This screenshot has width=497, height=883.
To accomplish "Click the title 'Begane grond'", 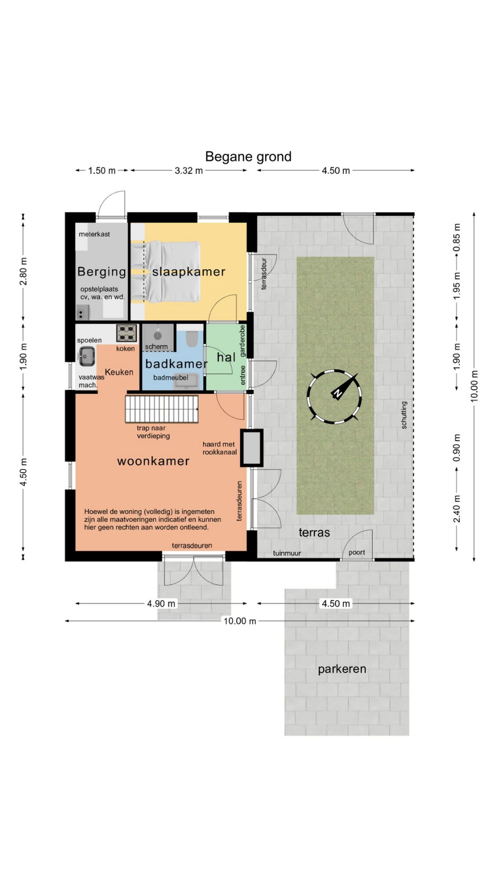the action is pos(248,156).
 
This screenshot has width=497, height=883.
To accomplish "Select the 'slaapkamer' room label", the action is pos(188,272).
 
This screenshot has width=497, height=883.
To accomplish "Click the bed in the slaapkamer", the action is pos(166,272).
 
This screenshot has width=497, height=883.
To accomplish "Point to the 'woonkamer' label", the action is pos(153,461).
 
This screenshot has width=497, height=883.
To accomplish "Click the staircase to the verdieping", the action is pos(162,409).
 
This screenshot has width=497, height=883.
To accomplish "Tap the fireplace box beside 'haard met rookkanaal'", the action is pos(252,448).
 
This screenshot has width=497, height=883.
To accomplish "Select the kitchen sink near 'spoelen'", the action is pos(86,356).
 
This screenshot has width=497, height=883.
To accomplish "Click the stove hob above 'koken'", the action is pos(127,332).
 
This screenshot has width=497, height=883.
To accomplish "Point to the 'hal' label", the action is pos(226,357).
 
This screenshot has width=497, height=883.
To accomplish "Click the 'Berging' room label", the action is pos(101,272).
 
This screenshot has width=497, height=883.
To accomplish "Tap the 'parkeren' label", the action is pos(342,669).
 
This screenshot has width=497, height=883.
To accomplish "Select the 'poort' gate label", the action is pos(357,552).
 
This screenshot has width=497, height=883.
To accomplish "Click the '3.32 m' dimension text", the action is pos(189,171).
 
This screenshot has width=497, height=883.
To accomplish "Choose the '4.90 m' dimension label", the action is pos(161,604).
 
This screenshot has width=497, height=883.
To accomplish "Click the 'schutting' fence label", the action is pos(404,415).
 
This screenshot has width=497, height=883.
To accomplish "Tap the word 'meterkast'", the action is pos(94,234).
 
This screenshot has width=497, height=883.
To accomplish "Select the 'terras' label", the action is pos(314,532).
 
